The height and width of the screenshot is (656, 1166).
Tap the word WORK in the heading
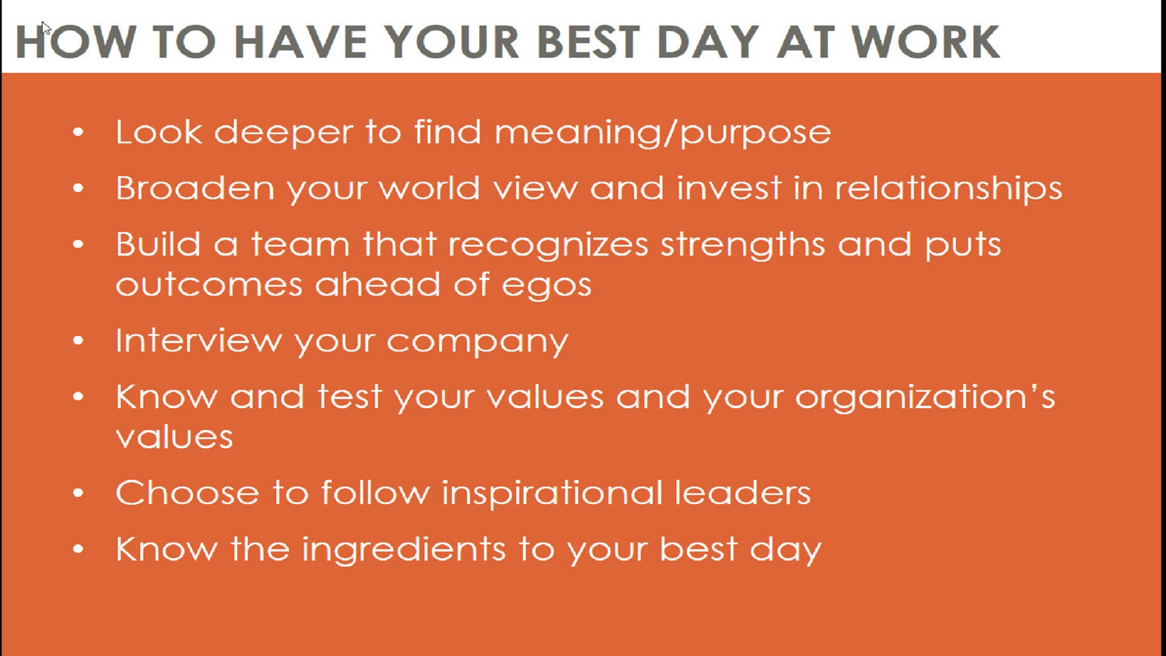point(925,42)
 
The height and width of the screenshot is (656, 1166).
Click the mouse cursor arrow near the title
point(46,29)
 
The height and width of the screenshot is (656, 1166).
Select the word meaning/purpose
point(663,133)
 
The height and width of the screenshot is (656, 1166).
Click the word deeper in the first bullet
point(284,133)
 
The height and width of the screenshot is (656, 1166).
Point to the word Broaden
point(195,188)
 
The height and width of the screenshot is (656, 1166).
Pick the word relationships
point(948,189)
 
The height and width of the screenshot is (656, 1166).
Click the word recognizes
point(548,245)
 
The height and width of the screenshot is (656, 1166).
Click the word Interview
point(199,340)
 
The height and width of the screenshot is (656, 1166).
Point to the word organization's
point(926,398)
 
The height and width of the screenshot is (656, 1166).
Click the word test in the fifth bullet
point(349,397)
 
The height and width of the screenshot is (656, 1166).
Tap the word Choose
point(187,493)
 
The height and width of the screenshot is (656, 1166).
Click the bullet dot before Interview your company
point(78,341)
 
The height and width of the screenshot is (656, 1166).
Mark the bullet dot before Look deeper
point(78,132)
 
